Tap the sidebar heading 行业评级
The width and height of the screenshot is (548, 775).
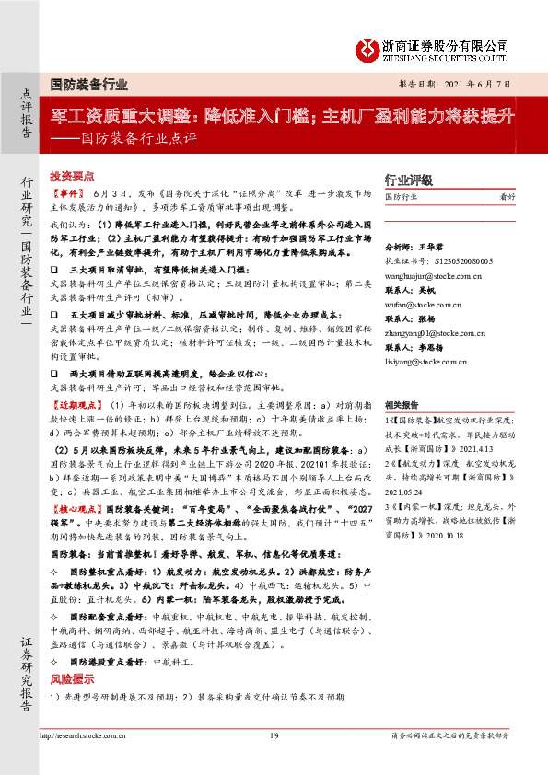[x=408, y=180]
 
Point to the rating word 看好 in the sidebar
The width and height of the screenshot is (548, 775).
[x=507, y=198]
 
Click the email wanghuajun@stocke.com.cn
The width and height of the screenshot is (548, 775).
[x=435, y=273]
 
